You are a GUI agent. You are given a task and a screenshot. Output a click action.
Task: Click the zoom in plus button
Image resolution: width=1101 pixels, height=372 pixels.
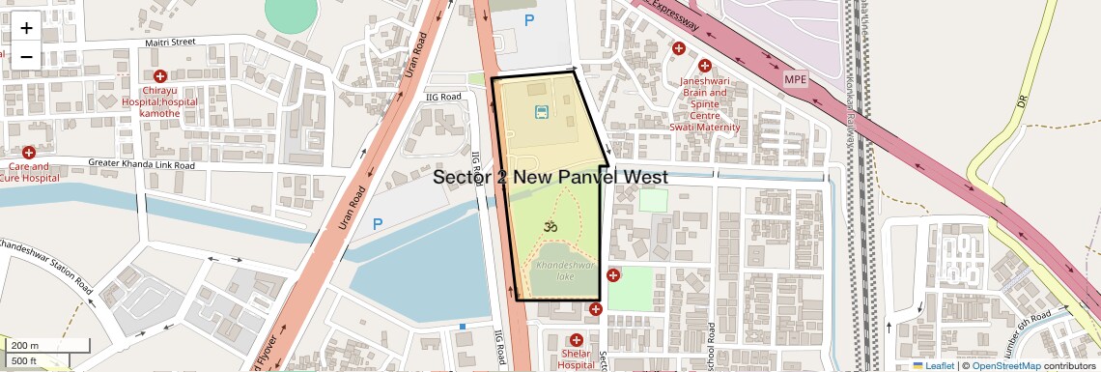tap(26, 27)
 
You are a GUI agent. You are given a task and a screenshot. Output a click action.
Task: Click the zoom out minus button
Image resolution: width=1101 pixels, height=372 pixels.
tap(26, 56)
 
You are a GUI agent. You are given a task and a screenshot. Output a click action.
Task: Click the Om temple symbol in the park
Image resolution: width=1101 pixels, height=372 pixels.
tap(550, 227)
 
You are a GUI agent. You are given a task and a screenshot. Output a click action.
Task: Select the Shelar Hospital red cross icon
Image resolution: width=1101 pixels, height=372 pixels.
tap(577, 340)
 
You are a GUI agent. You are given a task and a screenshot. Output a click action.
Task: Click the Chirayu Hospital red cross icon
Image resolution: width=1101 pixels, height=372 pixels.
tap(160, 76)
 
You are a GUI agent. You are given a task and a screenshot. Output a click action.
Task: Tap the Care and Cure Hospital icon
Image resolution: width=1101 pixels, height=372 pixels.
tap(29, 153)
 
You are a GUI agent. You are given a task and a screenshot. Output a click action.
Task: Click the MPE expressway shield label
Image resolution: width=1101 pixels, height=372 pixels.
tap(795, 78)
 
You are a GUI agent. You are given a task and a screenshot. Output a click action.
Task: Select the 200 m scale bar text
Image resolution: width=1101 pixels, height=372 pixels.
tap(25, 346)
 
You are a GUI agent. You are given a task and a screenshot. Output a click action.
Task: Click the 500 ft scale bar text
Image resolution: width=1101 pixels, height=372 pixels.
tap(24, 361)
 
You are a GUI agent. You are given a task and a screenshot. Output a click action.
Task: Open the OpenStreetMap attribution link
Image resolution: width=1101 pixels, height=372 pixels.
tap(1005, 366)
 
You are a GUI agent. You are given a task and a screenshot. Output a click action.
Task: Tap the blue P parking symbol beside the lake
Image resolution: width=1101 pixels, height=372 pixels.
tap(378, 224)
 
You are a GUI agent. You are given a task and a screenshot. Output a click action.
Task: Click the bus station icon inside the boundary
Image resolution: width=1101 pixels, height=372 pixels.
tap(542, 112)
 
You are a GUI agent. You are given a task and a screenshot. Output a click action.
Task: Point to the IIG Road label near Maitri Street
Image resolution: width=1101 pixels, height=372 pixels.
tap(445, 97)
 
